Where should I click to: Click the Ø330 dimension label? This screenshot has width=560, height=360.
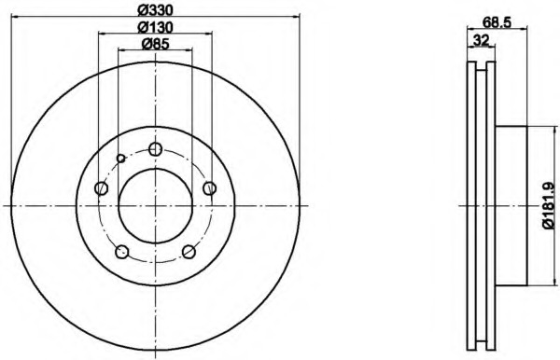tap(155, 10)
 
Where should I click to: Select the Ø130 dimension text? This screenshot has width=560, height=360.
tap(155, 27)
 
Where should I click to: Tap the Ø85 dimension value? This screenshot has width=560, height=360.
tap(155, 44)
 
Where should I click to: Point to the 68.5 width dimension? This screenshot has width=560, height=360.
tap(497, 22)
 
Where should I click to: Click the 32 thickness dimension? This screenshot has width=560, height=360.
tap(481, 40)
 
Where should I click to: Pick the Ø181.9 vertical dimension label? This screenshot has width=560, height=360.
tap(549, 206)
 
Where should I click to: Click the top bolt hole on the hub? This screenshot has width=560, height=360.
tap(155, 149)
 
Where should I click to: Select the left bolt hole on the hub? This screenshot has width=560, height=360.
tap(102, 188)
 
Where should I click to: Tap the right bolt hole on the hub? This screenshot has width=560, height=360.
tap(210, 188)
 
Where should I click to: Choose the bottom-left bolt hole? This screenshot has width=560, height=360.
tap(121, 252)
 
